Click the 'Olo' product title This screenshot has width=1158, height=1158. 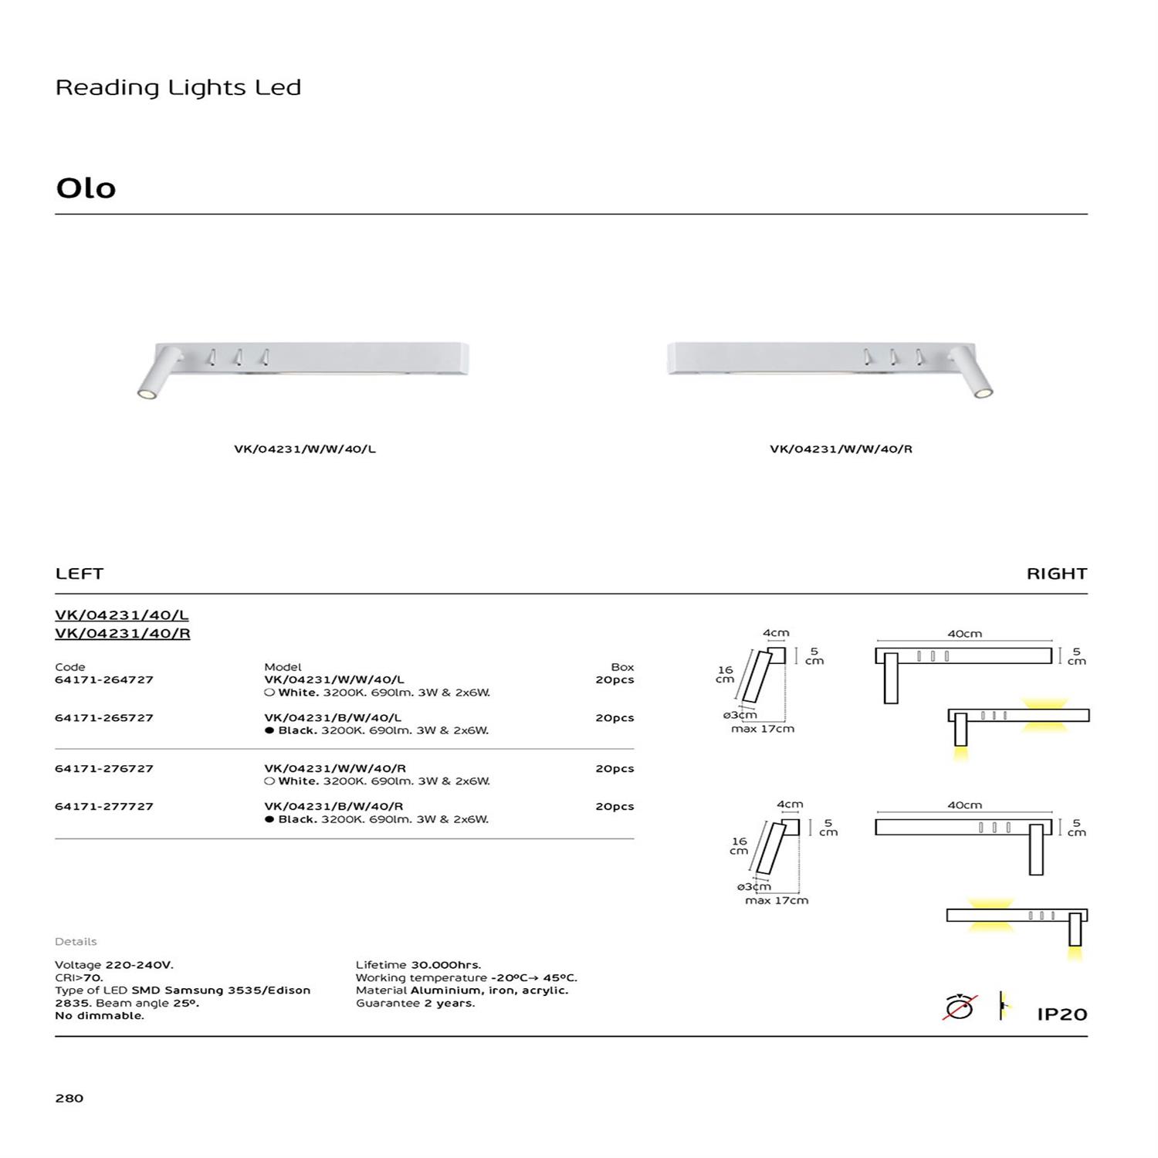coord(86,188)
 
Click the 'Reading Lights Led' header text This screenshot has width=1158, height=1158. coord(178,88)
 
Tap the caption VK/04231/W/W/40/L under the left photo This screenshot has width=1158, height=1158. coord(305,449)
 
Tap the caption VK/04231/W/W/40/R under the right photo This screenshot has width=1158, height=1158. coord(841,449)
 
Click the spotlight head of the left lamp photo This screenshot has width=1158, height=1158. coord(144,394)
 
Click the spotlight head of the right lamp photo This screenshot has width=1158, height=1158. coord(982,394)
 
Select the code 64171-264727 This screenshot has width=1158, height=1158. coord(104,680)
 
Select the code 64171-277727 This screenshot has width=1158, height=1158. coord(104,807)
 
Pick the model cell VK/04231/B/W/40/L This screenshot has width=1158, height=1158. coord(333,718)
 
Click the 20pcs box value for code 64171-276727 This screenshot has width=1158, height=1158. coord(615,769)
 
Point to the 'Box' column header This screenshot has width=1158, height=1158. coord(622,667)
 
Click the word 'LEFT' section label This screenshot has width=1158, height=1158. coord(80,574)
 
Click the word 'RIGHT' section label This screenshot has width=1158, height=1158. coord(1056,574)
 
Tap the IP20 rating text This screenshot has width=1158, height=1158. coord(1061,1014)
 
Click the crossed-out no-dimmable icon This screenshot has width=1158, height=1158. coord(960,1007)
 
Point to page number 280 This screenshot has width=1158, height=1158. coord(69,1099)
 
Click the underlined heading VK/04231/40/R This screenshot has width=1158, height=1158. coord(122,634)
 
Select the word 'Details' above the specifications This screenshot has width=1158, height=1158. coord(76,942)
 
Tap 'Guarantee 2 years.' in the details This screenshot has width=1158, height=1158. coord(415,1004)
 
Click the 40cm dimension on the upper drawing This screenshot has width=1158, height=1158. coord(964,634)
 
